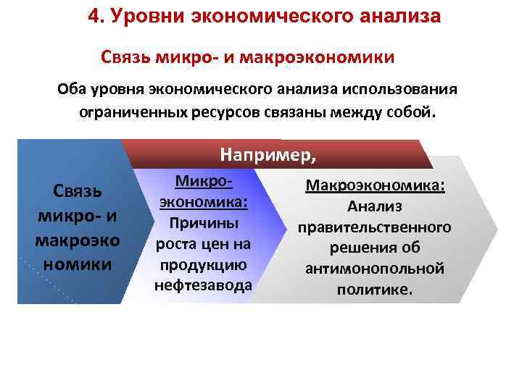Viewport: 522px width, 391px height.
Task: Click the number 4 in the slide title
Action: coord(93,16)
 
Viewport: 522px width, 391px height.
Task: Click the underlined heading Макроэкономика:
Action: coord(375,186)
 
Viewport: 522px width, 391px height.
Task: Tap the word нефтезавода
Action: coord(203,285)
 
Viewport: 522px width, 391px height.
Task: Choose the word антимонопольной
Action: coord(375,269)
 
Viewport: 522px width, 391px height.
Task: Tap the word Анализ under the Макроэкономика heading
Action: coord(375,206)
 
